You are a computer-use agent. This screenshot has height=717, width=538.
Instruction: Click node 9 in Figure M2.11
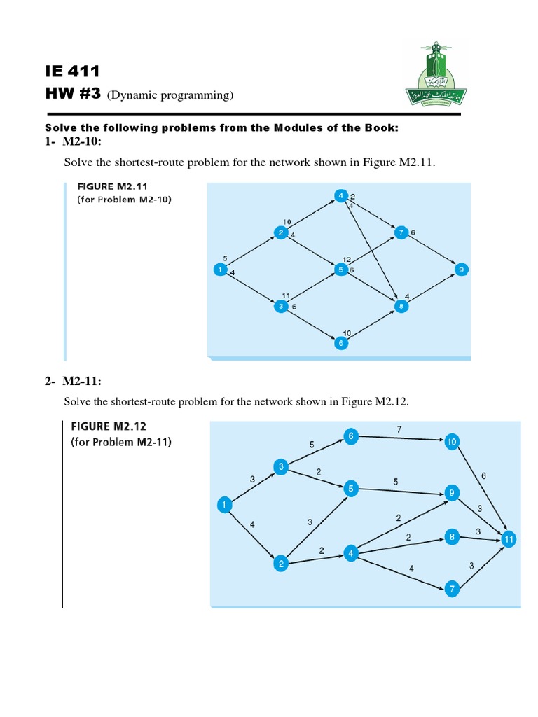(x=461, y=269)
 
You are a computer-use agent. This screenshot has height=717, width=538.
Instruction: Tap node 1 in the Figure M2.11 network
(x=221, y=269)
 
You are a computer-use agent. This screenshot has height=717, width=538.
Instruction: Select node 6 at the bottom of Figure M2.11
(x=341, y=343)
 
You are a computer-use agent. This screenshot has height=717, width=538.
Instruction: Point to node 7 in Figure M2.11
(x=401, y=232)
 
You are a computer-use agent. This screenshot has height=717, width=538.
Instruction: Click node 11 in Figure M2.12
(x=509, y=539)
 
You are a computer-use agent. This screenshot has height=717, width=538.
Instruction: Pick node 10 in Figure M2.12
(x=452, y=441)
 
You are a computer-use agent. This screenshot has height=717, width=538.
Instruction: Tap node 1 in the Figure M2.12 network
(x=223, y=504)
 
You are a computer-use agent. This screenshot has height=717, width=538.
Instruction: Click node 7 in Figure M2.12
(x=453, y=590)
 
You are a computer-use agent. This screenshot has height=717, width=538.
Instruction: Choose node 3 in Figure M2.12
(x=281, y=467)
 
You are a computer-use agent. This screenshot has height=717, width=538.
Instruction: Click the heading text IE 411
(x=72, y=71)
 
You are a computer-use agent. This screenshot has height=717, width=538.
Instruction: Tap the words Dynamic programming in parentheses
(x=170, y=95)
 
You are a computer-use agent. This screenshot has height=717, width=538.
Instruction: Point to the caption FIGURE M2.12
(x=109, y=426)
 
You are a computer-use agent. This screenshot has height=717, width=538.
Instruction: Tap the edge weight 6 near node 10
(x=483, y=476)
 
